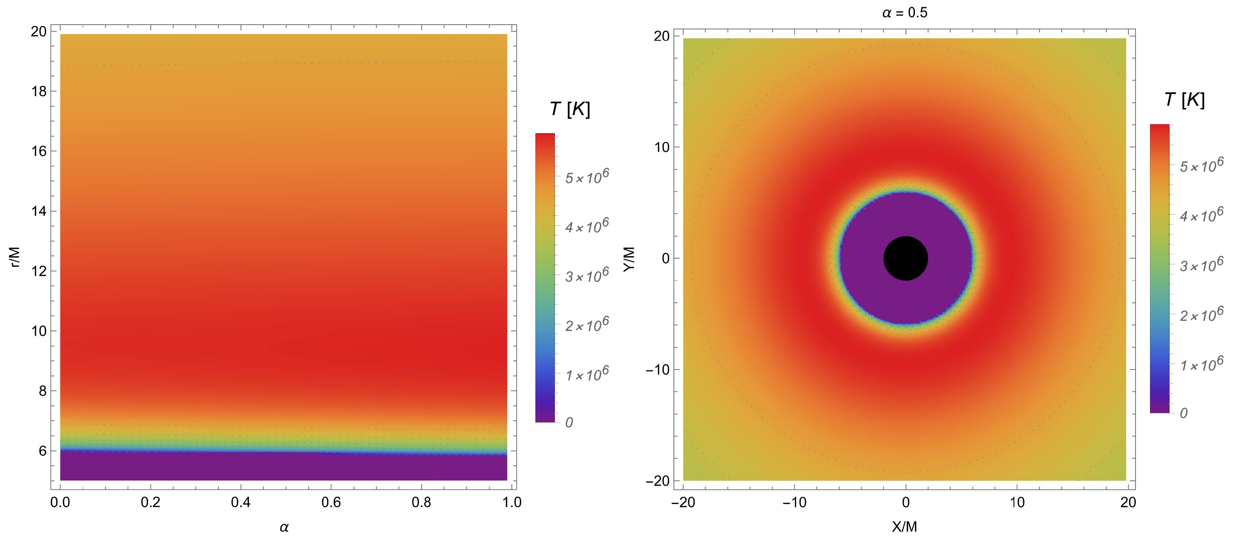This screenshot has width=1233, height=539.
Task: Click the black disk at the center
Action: pyautogui.click(x=905, y=258)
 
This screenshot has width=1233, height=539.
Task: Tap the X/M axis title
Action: pyautogui.click(x=904, y=527)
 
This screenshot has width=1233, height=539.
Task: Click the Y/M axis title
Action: pyautogui.click(x=629, y=259)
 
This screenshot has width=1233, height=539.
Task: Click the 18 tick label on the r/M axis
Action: pyautogui.click(x=39, y=91)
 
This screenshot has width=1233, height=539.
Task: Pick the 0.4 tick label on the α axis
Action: pyautogui.click(x=241, y=502)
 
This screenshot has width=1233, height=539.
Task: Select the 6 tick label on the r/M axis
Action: pyautogui.click(x=43, y=451)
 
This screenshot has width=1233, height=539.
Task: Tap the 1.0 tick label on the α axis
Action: pyautogui.click(x=512, y=502)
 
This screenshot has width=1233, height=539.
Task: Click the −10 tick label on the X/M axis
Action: pyautogui.click(x=794, y=502)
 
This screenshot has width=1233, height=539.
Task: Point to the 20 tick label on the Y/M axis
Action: pyautogui.click(x=661, y=36)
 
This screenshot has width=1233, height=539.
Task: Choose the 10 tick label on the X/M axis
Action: pyautogui.click(x=1017, y=502)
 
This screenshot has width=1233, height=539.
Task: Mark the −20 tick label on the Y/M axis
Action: pyautogui.click(x=658, y=481)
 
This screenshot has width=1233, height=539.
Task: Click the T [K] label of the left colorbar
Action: pyautogui.click(x=569, y=110)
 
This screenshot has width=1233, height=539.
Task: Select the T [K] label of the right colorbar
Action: pyautogui.click(x=1184, y=100)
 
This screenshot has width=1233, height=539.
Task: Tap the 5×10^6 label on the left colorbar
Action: pyautogui.click(x=587, y=177)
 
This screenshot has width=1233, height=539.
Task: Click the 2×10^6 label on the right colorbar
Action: pyautogui.click(x=1201, y=314)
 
